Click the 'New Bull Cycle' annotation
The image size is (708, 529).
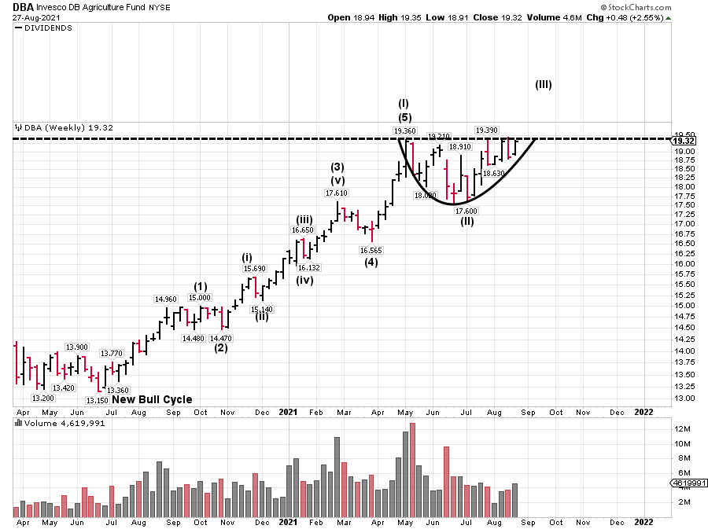pyautogui.click(x=152, y=399)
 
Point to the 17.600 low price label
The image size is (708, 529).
pyautogui.click(x=466, y=210)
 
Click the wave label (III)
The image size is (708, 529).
pyautogui.click(x=544, y=85)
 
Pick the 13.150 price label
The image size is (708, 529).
pyautogui.click(x=98, y=400)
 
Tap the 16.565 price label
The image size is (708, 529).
pyautogui.click(x=371, y=250)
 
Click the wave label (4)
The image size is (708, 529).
pyautogui.click(x=371, y=263)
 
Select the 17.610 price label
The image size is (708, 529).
pyautogui.click(x=336, y=193)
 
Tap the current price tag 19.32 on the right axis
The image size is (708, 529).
pyautogui.click(x=683, y=140)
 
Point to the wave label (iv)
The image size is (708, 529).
pyautogui.click(x=305, y=281)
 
